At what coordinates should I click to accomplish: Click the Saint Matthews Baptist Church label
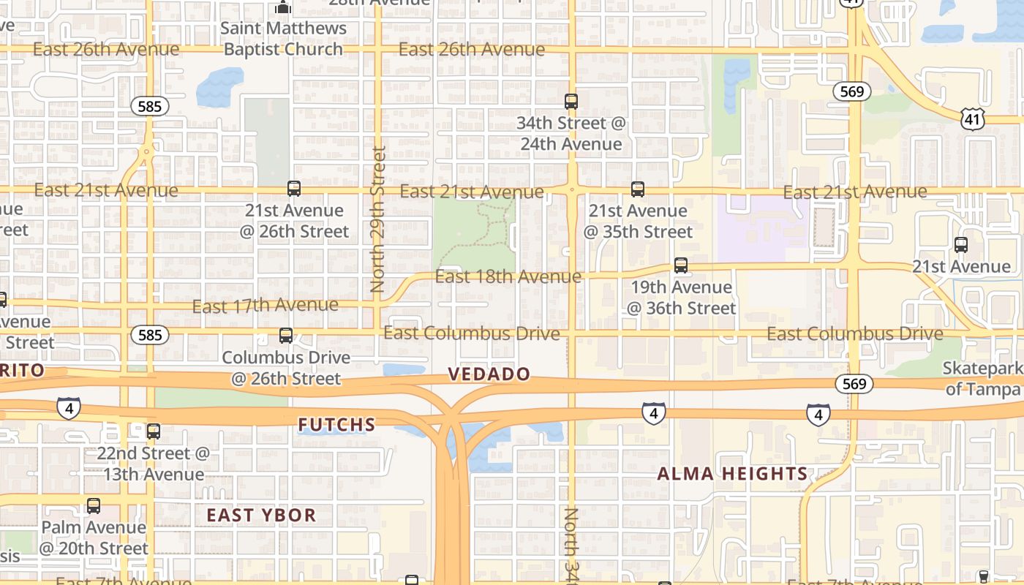tap(284, 39)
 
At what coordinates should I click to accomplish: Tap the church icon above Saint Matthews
tap(283, 7)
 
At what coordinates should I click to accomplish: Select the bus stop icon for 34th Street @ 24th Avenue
tap(571, 102)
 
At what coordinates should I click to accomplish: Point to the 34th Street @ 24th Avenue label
tap(571, 133)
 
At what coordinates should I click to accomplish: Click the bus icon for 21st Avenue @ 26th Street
tap(294, 189)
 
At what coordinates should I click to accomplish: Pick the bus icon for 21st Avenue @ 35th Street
tap(638, 189)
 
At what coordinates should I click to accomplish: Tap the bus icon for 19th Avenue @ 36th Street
tap(681, 265)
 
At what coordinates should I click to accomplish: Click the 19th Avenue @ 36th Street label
tap(681, 297)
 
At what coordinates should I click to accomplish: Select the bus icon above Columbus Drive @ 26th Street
tap(286, 336)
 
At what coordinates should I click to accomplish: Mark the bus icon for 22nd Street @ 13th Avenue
tap(154, 431)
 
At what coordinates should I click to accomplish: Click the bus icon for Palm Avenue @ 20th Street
tap(94, 505)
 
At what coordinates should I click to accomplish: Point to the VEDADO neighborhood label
tap(489, 374)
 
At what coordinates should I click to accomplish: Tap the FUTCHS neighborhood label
tap(337, 424)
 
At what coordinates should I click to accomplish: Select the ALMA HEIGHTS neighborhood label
tap(732, 474)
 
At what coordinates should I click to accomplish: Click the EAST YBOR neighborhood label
tap(261, 515)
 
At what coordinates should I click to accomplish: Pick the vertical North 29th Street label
tap(377, 219)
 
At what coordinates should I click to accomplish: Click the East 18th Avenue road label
tap(508, 276)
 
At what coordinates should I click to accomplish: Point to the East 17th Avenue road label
tap(265, 305)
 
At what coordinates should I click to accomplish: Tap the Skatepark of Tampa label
tap(982, 378)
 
